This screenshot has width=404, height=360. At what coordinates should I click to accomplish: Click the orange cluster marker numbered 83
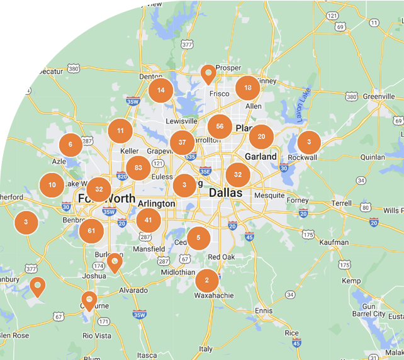pos(138,167)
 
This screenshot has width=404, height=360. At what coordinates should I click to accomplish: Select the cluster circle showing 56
pos(220,127)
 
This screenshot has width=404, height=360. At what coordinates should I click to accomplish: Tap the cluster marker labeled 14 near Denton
pos(161,90)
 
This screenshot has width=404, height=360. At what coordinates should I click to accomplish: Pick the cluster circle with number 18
pos(248,88)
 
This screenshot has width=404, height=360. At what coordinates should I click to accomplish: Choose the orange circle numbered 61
pos(92,231)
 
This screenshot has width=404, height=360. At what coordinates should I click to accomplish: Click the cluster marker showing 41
pos(149,220)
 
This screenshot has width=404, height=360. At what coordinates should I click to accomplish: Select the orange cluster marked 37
pos(182,142)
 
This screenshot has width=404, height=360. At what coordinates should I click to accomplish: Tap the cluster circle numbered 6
pos(70,145)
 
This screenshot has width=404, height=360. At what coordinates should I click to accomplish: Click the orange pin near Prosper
pos(208,74)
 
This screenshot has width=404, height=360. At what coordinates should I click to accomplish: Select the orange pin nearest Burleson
pos(114,262)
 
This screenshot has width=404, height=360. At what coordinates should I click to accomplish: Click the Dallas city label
pos(225,193)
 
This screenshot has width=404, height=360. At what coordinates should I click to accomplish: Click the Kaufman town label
pos(334,242)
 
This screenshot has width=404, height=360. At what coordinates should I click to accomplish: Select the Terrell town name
pos(342,204)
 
